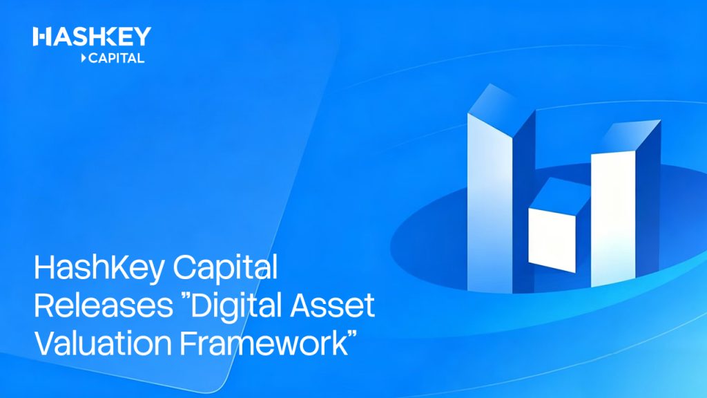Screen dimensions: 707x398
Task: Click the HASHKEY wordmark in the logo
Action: point(92,36)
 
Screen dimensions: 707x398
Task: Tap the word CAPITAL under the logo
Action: point(116,58)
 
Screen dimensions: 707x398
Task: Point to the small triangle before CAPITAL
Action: point(84,58)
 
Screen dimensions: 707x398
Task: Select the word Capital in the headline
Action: point(226,269)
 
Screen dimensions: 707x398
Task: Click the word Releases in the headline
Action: point(104,305)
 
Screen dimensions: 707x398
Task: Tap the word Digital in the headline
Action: point(238,307)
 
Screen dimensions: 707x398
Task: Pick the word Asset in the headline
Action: point(332,305)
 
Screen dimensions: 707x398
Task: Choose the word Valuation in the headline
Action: point(103,343)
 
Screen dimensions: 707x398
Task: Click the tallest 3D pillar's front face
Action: point(490,203)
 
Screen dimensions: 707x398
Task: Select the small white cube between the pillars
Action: point(552,240)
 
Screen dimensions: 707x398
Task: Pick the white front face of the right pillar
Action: point(613,219)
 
